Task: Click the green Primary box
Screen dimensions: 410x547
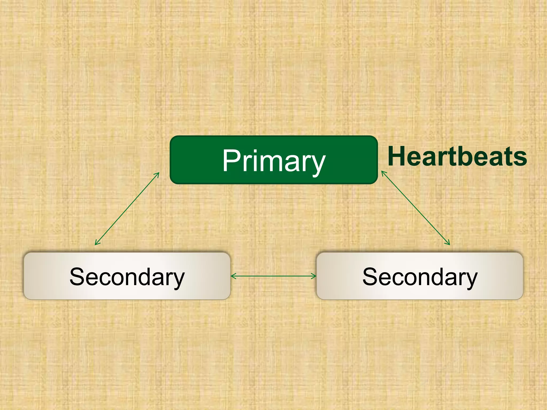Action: [x=273, y=160]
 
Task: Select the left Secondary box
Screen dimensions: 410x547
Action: [x=127, y=276]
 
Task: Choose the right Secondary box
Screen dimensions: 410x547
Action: [x=420, y=276]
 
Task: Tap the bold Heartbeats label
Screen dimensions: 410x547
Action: [x=457, y=156]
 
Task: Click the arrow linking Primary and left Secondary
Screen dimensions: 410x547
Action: [x=127, y=208]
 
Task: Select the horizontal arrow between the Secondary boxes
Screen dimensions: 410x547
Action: [x=273, y=276]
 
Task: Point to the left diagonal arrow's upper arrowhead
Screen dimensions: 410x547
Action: [x=158, y=174]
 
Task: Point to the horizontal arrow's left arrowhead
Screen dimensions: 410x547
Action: [x=232, y=276]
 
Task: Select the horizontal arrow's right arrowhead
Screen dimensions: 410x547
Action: [x=314, y=276]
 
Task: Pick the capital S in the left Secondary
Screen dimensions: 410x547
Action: [x=77, y=277]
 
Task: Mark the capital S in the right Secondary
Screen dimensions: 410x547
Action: [x=370, y=277]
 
